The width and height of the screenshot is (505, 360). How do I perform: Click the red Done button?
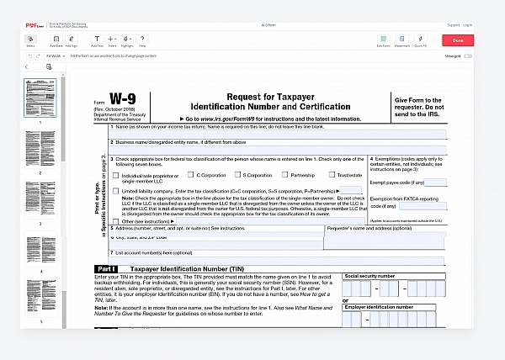point(458,40)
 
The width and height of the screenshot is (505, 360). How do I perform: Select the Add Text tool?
point(97,40)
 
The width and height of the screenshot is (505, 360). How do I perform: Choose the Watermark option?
point(401,40)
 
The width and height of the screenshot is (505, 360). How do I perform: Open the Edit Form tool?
point(383,40)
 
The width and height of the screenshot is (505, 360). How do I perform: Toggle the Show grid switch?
point(467,56)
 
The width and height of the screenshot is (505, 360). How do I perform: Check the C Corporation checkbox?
point(190,175)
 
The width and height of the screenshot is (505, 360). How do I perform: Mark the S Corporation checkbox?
point(238,175)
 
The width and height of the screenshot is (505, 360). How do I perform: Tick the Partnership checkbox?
point(285,175)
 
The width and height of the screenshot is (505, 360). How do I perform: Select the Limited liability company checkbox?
point(115,191)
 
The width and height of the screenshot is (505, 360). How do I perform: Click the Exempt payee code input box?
point(435,182)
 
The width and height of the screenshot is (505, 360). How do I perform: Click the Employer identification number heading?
point(379,308)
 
